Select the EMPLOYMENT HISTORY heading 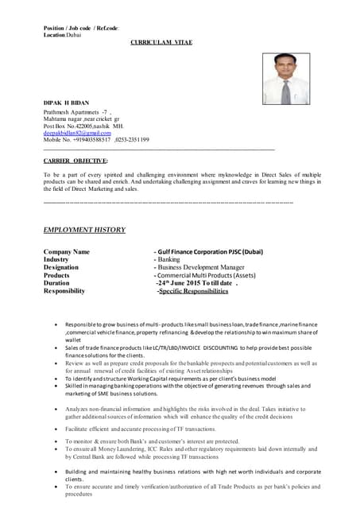(x=84, y=230)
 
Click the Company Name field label (x=66, y=252)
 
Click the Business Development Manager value (x=201, y=268)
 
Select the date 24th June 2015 (x=190, y=283)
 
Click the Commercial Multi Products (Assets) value (x=207, y=276)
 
